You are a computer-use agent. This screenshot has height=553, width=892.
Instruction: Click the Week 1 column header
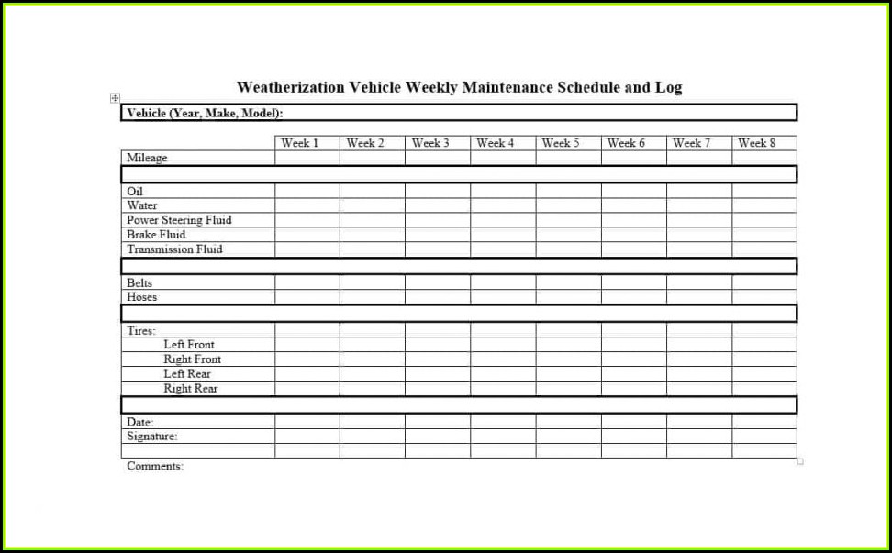click(300, 143)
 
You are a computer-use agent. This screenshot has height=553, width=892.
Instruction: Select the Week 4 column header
click(496, 143)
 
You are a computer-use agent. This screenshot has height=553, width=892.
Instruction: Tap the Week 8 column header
click(757, 143)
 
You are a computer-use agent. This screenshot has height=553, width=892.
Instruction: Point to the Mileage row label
click(147, 158)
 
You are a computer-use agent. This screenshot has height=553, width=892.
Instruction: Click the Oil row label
click(135, 191)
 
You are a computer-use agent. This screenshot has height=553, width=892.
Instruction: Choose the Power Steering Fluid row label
click(179, 220)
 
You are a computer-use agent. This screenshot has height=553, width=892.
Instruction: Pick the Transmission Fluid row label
click(174, 249)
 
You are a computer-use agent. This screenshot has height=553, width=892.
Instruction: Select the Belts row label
click(139, 283)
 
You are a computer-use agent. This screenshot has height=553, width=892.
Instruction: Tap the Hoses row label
click(142, 297)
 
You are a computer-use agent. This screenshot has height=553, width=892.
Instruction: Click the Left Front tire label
click(189, 345)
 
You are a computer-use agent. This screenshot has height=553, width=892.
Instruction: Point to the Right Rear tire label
click(191, 389)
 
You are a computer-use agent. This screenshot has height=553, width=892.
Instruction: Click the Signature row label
click(151, 437)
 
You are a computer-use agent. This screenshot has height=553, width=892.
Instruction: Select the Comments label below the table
click(155, 466)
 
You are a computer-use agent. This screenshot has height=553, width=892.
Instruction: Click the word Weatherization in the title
click(290, 88)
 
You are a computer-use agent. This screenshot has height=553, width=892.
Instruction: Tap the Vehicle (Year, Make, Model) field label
click(205, 113)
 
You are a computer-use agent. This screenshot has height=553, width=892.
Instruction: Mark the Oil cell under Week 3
click(438, 191)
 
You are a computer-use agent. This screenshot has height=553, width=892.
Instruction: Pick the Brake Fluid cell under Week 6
click(634, 235)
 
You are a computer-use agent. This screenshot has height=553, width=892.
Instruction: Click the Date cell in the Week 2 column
click(373, 422)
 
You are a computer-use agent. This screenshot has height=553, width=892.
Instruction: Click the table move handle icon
click(115, 98)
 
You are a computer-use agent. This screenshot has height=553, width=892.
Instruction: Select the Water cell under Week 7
click(699, 205)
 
